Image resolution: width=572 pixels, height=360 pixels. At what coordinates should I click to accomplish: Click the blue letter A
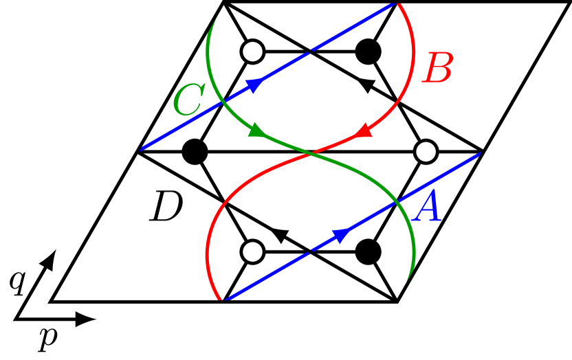(429, 208)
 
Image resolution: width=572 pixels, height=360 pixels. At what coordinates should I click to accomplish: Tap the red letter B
(439, 69)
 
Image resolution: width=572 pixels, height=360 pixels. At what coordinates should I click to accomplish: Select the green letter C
(188, 101)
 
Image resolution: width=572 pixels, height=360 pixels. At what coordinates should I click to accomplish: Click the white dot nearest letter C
(252, 52)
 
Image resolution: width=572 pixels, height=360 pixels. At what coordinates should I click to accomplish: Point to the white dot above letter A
(426, 152)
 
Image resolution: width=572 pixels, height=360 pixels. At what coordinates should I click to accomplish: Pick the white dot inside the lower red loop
(252, 251)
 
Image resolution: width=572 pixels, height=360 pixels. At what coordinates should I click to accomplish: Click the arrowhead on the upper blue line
(254, 85)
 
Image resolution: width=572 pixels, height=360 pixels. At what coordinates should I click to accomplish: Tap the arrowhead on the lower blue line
(340, 236)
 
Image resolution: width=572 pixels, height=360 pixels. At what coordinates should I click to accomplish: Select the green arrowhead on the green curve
(257, 130)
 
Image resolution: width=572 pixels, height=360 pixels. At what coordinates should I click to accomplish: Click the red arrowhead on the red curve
(362, 130)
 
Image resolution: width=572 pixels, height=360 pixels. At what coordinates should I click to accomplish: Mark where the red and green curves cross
(311, 153)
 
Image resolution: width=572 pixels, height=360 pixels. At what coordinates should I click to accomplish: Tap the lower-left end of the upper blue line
(142, 149)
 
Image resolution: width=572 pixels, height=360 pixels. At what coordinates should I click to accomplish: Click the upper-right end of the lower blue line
(479, 154)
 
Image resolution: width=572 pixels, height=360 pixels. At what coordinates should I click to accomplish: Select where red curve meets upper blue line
(397, 3)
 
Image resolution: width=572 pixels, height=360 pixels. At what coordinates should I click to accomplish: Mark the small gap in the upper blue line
(311, 51)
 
